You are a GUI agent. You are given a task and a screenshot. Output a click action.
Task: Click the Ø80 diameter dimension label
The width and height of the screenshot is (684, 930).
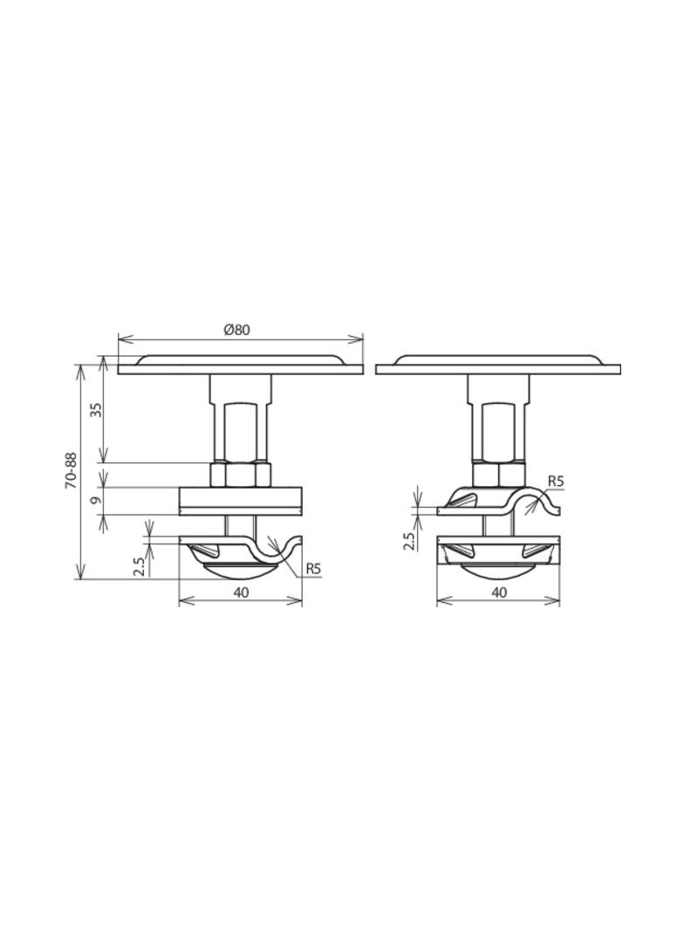237,330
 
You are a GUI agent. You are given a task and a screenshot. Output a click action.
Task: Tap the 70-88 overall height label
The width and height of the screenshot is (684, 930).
72,470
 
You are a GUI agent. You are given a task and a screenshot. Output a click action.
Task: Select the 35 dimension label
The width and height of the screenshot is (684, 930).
96,410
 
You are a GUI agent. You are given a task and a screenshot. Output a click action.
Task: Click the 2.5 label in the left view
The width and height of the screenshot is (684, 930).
138,566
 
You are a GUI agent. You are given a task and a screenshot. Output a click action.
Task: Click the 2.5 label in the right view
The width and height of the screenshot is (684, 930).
409,540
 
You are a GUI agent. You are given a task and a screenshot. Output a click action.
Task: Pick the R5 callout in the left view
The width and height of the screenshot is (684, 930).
312,569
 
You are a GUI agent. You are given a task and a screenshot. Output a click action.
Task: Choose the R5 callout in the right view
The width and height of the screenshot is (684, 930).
555,481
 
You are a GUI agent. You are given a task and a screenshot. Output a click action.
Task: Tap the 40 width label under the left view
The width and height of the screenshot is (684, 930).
241,592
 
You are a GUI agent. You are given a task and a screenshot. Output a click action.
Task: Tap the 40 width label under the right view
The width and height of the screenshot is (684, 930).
499,592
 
